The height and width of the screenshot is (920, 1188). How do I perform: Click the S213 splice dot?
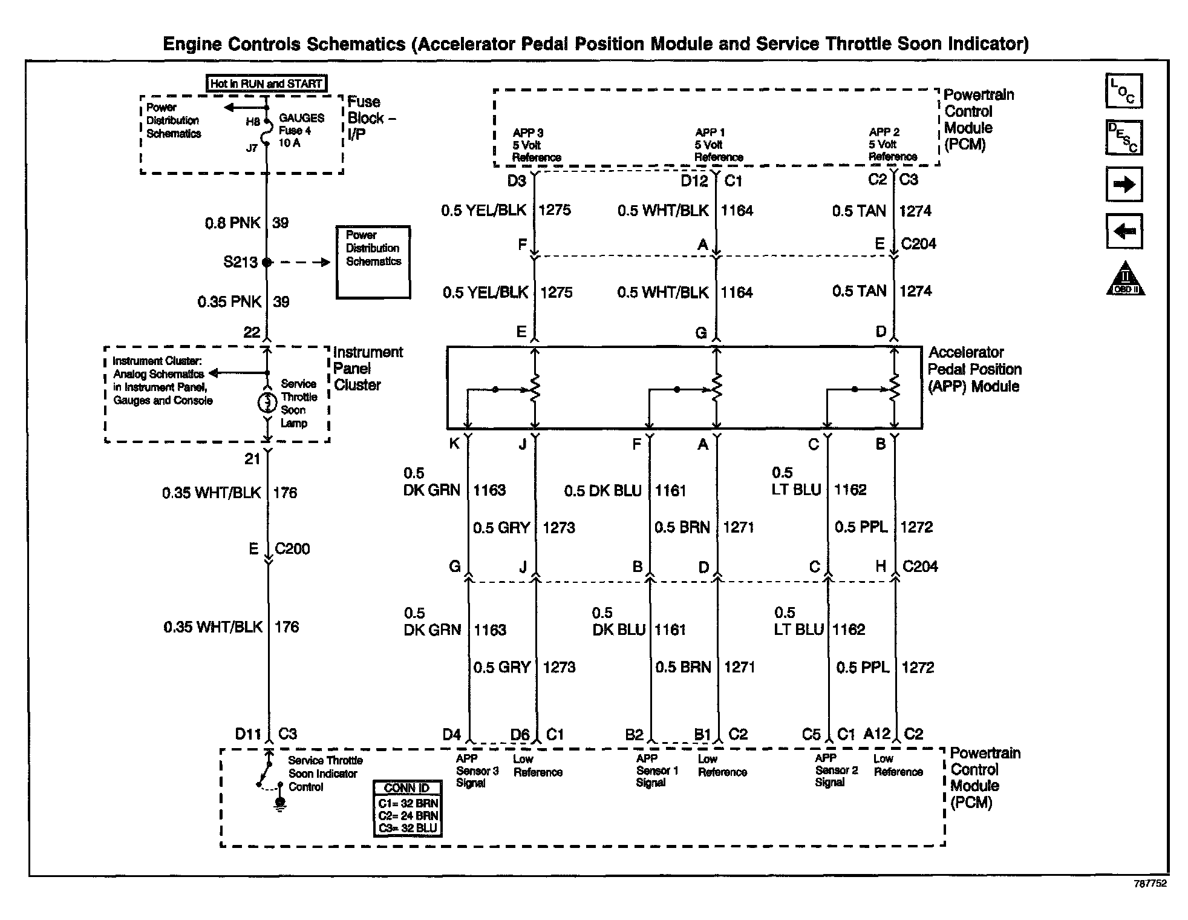tap(267, 262)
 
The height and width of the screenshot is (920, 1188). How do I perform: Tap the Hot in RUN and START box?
tap(266, 84)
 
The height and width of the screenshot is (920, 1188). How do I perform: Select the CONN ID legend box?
tap(407, 809)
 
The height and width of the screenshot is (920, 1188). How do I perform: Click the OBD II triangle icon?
tap(1125, 279)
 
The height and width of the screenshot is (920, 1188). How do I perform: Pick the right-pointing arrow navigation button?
tap(1124, 185)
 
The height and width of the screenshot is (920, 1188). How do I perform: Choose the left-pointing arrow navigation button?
tap(1124, 231)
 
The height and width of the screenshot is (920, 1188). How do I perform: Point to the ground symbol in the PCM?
tap(280, 804)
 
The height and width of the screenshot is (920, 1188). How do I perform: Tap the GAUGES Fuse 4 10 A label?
tap(301, 131)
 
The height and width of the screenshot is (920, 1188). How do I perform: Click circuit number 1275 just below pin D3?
tap(555, 210)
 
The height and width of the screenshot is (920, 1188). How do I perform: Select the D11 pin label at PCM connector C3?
tap(248, 734)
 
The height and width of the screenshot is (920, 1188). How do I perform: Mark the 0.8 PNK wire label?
tap(232, 223)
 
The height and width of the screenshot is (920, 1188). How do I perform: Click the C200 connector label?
tap(292, 549)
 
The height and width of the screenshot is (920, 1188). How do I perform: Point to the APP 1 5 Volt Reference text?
tap(719, 145)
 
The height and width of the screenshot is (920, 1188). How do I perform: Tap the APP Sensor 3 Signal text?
tap(477, 770)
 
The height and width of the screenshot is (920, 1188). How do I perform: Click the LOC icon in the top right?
tap(1124, 91)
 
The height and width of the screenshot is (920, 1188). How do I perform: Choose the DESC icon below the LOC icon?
tap(1124, 138)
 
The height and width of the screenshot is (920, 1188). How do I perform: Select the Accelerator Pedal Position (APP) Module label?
tap(974, 369)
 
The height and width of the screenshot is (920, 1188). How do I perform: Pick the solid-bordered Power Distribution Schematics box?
tap(373, 262)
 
